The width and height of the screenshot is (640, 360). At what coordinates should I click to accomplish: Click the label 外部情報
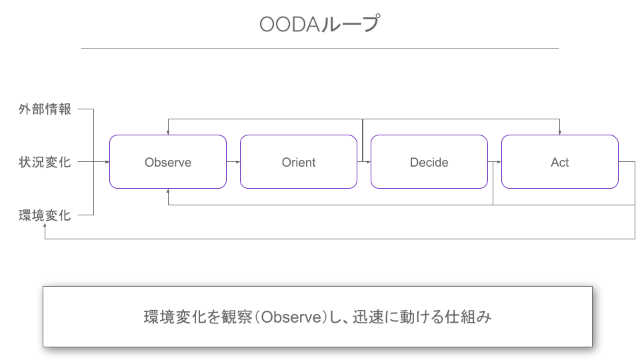(45, 109)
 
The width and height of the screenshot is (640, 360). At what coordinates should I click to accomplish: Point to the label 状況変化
(45, 162)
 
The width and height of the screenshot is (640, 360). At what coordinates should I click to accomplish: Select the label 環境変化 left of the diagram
(45, 215)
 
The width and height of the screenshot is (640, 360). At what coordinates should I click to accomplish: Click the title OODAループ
(319, 24)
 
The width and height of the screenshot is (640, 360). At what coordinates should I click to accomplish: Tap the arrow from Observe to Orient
(233, 162)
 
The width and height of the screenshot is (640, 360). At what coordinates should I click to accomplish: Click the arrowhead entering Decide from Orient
(369, 162)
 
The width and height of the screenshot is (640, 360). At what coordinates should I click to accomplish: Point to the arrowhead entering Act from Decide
(499, 162)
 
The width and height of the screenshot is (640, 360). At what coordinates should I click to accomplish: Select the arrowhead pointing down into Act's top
(559, 133)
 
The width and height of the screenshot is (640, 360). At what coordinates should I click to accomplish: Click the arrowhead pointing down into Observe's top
(168, 133)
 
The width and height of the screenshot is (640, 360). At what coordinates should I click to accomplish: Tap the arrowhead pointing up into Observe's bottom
(168, 191)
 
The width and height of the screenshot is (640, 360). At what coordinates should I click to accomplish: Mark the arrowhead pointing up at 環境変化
(45, 225)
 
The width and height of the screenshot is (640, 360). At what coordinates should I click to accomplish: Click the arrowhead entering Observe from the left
(107, 162)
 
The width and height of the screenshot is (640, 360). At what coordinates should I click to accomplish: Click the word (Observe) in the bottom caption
(292, 317)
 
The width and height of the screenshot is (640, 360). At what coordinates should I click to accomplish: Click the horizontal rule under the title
(319, 48)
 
